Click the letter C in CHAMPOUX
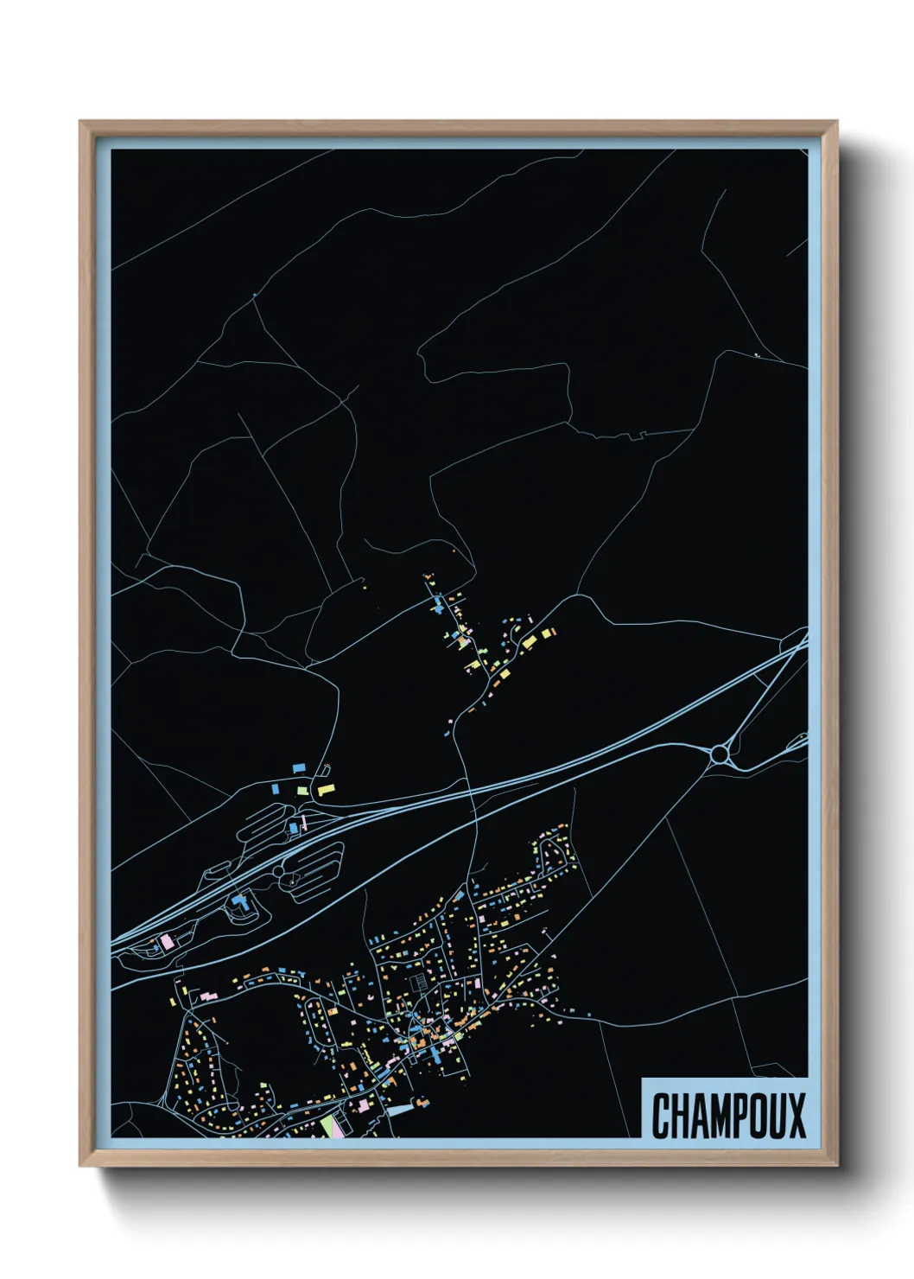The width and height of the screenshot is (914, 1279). click(x=663, y=1116)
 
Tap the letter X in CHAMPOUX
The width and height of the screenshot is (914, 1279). click(x=796, y=1116)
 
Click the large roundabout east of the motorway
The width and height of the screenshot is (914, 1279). click(x=719, y=755)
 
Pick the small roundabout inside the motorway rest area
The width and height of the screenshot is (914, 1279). click(x=278, y=873)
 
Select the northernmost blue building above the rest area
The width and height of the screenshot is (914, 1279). click(x=299, y=767)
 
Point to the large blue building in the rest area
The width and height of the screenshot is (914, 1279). click(x=239, y=903)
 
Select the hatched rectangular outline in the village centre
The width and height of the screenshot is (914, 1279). click(x=419, y=981)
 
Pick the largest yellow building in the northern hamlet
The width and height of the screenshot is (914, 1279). click(x=529, y=641)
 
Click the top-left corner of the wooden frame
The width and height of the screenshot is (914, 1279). click(x=80, y=122)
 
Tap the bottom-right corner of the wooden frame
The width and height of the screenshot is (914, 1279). click(x=836, y=1165)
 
